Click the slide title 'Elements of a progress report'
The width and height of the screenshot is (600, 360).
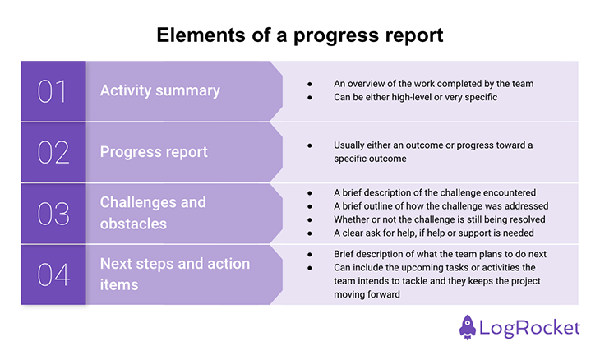pos(299,36)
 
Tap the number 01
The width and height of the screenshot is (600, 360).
pos(52,91)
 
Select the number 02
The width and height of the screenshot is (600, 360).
pos(52,152)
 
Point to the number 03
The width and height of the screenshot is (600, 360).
pos(52,213)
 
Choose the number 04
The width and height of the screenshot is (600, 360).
pos(52,274)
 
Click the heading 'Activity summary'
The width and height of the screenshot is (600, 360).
pos(160,90)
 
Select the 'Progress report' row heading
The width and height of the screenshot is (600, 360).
pos(154,151)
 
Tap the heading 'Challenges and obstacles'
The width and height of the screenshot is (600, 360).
pos(153,213)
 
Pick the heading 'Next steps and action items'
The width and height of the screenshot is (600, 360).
pos(174,274)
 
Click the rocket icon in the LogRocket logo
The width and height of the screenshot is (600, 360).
pos(469,326)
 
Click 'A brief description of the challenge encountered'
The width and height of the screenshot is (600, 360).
pos(435,193)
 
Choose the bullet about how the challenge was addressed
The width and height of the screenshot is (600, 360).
pos(441,206)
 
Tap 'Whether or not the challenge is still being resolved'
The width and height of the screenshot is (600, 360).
pos(441,219)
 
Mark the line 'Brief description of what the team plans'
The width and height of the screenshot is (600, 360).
pos(440,254)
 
